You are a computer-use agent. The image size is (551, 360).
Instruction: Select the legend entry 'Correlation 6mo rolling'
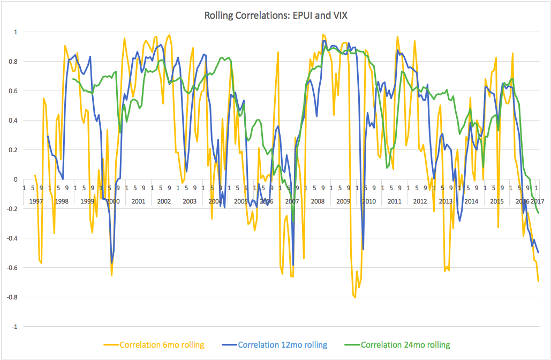(x=162, y=345)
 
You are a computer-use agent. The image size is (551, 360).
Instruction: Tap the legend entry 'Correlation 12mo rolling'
(x=282, y=345)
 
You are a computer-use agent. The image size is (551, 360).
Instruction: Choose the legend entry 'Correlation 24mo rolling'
(x=405, y=345)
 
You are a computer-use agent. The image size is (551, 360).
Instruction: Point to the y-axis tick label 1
(x=16, y=32)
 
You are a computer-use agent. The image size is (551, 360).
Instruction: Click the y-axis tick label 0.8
(x=13, y=62)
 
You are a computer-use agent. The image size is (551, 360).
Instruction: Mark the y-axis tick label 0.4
(x=13, y=121)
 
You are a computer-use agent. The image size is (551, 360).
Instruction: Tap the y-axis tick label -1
(x=14, y=327)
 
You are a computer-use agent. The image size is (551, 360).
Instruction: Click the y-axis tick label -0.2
(x=12, y=209)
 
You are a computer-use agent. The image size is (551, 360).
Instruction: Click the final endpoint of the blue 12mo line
(x=538, y=253)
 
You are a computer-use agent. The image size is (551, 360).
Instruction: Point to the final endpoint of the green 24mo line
(x=538, y=213)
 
